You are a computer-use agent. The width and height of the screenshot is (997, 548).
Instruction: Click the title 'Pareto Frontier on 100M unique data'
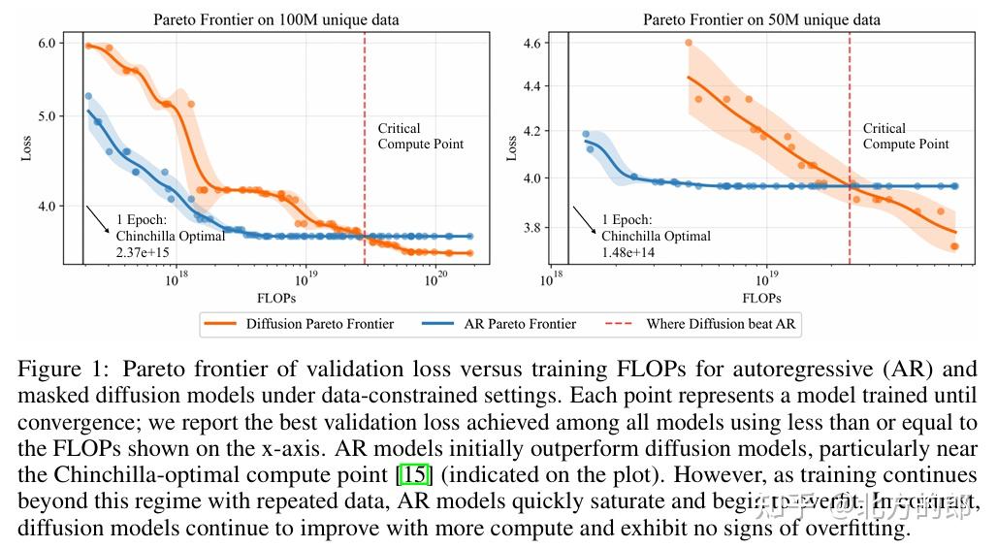276,19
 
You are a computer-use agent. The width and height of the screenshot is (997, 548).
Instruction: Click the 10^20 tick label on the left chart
435,279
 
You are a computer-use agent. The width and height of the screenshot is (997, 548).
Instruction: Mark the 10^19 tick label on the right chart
766,279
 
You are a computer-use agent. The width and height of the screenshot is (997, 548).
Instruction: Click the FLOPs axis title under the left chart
276,298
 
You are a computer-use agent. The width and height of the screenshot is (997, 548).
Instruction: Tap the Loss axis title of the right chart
511,148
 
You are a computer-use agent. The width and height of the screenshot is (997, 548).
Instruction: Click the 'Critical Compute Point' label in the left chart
420,136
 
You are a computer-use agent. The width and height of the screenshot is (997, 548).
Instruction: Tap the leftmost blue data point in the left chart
88,96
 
